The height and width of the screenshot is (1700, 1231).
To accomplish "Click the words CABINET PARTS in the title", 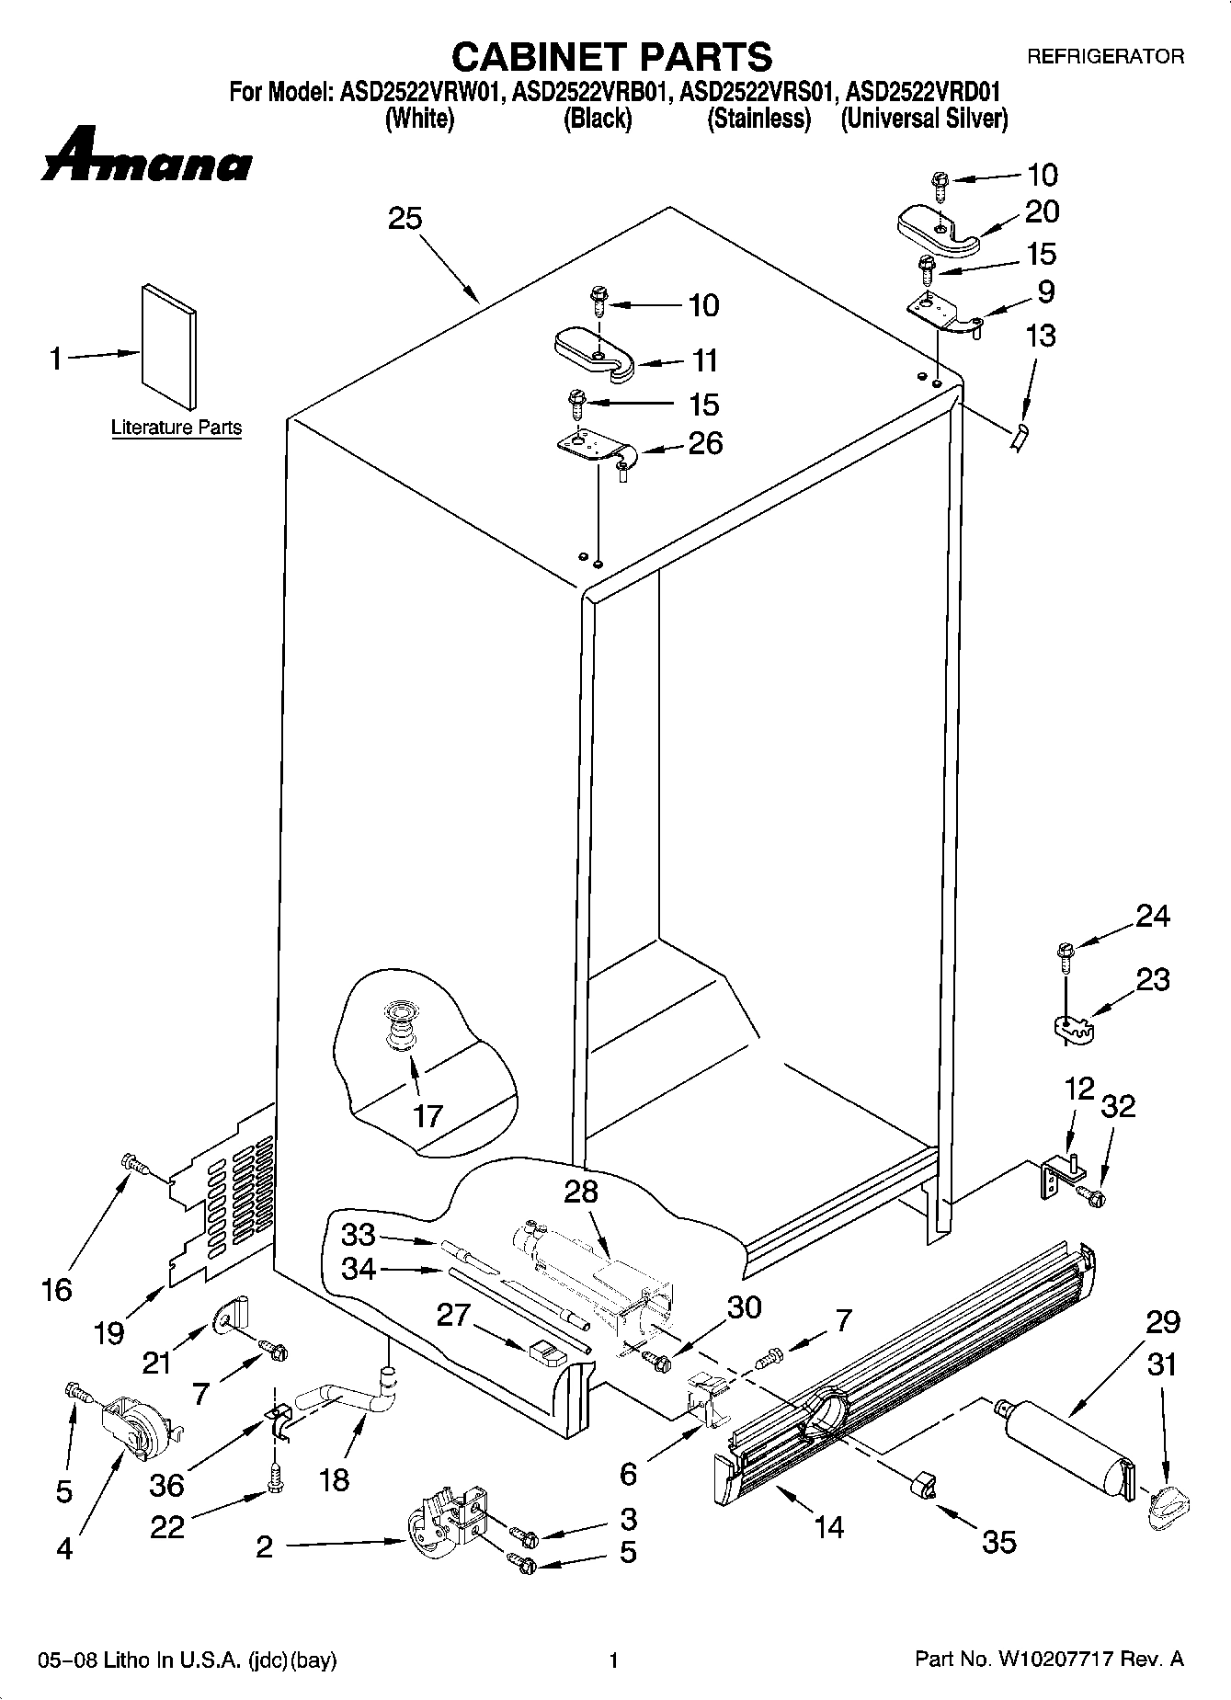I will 611,56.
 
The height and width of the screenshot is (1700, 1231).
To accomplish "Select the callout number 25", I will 405,219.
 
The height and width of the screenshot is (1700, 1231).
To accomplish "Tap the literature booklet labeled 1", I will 168,345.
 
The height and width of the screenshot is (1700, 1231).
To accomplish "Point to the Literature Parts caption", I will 177,428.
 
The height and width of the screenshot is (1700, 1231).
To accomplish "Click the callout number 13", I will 1041,336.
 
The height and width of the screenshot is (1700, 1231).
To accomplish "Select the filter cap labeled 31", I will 1168,1508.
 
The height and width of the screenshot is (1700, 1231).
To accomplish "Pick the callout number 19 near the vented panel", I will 109,1332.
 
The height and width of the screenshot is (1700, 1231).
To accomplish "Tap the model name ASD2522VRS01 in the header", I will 759,92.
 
